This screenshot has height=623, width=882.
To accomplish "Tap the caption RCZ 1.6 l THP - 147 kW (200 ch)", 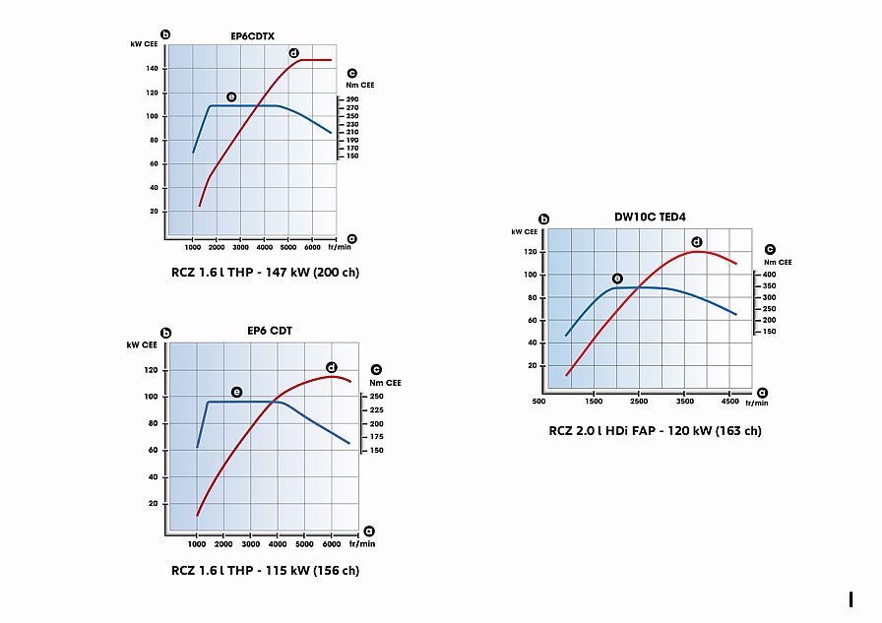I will [265, 272].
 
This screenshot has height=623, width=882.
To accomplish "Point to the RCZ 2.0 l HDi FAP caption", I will [655, 430].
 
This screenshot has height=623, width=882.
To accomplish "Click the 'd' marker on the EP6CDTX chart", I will [293, 52].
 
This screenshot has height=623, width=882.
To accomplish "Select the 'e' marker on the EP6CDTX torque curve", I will [231, 96].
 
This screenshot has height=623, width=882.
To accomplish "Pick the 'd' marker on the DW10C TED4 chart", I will [696, 241].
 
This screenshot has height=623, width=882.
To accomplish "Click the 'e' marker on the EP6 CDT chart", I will [236, 392].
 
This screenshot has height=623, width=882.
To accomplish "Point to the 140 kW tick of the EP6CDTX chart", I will [153, 69].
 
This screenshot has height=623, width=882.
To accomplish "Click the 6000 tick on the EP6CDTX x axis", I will [310, 250].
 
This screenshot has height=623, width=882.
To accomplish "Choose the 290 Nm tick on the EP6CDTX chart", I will [352, 99].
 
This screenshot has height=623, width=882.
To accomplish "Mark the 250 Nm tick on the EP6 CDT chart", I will [376, 397].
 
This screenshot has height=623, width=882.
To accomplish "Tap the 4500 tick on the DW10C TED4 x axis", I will [729, 402].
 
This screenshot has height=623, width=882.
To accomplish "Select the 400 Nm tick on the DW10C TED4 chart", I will [769, 275].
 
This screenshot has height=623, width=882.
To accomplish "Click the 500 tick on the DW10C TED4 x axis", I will [538, 402].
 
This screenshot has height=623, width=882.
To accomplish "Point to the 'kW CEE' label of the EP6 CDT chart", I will [142, 345].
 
